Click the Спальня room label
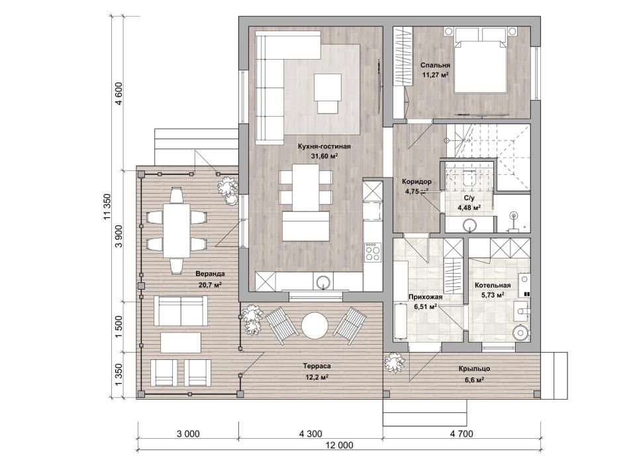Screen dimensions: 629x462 click(435, 65)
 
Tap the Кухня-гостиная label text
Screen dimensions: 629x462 click(324, 146)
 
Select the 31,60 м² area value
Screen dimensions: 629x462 click(324, 156)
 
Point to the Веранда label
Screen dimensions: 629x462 click(210, 274)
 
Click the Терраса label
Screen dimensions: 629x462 click(316, 367)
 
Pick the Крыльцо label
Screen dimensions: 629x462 click(474, 369)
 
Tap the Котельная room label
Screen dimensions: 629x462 click(493, 285)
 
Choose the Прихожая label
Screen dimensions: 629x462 click(425, 298)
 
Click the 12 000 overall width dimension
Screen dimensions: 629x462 click(340, 445)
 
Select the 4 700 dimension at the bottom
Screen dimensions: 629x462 click(461, 433)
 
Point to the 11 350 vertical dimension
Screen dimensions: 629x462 click(107, 207)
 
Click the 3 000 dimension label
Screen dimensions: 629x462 click(188, 433)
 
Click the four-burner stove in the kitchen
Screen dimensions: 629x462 click(373, 252)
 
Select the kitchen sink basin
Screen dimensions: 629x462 click(322, 282)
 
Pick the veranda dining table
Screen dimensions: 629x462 click(176, 231)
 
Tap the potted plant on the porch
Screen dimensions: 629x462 click(394, 363)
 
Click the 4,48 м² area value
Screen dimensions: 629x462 click(469, 207)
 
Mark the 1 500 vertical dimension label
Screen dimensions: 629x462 click(119, 327)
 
